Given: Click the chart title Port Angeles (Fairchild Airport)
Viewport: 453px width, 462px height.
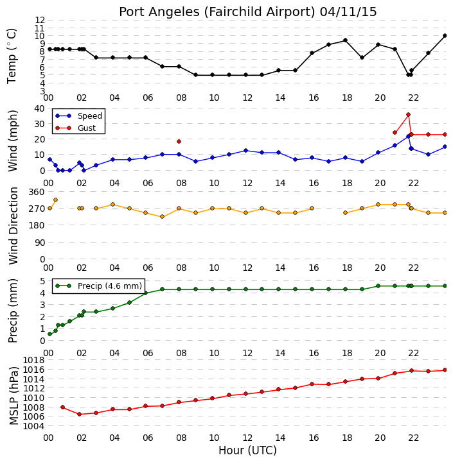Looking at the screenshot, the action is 217,12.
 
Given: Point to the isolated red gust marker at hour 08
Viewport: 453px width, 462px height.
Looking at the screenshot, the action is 179,142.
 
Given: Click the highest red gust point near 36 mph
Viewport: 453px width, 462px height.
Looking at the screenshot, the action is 408,115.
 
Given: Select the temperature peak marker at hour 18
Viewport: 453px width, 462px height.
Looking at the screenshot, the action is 345,40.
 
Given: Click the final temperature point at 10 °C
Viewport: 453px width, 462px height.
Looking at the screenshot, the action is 445,36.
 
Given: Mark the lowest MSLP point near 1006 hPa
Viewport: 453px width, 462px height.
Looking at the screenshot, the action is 80,414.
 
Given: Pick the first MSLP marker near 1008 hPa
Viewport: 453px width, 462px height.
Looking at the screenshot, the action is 62,407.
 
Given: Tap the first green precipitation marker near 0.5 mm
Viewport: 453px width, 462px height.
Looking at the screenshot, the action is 49,334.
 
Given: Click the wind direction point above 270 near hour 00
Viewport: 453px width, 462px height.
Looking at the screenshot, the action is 55,200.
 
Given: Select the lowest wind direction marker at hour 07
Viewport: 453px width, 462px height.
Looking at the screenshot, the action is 162,217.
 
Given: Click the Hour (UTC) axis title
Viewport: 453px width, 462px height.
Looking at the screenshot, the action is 247,450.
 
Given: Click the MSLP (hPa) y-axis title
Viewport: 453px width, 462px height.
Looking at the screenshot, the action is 13,396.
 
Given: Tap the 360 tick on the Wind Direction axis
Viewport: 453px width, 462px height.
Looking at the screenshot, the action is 37,192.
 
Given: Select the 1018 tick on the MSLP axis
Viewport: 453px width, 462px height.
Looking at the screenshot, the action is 33,361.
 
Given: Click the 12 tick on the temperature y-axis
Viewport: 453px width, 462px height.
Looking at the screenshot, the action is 40,21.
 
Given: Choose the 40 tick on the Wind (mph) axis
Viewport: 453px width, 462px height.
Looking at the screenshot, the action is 40,108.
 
